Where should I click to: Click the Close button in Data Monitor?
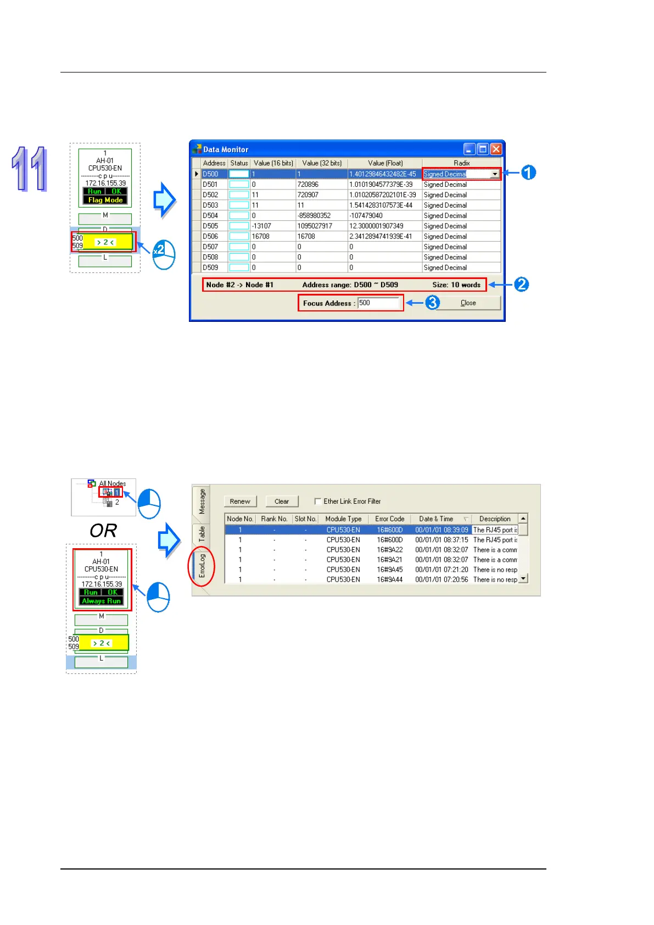click(x=468, y=303)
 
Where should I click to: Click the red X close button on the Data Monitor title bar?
click(x=496, y=149)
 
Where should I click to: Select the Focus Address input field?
click(x=378, y=303)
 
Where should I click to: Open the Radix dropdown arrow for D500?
click(x=495, y=174)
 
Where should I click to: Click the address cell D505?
click(x=210, y=226)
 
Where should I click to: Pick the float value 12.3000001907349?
click(x=376, y=226)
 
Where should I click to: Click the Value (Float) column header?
click(x=385, y=163)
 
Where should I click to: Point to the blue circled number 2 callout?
click(x=521, y=285)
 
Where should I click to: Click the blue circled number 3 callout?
click(x=433, y=303)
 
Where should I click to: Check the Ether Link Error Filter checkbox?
click(x=318, y=501)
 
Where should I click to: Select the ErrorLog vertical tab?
click(x=202, y=565)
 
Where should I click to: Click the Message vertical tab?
click(x=202, y=501)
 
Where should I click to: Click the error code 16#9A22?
click(x=389, y=550)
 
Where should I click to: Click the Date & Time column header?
click(x=436, y=519)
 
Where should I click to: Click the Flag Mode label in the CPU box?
click(x=105, y=200)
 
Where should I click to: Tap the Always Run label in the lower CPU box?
click(x=102, y=601)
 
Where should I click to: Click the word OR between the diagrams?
click(x=103, y=531)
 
